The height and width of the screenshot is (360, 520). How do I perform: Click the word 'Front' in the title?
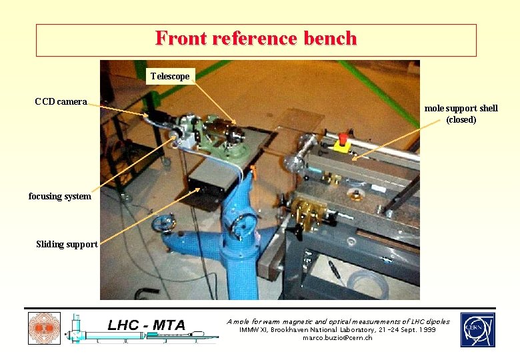tap(181, 39)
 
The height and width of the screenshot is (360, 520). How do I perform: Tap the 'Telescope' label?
tap(169, 76)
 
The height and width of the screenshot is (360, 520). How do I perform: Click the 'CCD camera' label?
tap(61, 101)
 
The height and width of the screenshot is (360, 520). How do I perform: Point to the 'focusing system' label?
tap(59, 196)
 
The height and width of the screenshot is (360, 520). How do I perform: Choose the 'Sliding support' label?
tap(67, 244)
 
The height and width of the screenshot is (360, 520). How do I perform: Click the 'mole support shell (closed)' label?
tap(461, 113)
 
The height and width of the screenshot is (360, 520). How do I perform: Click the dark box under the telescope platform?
tap(210, 183)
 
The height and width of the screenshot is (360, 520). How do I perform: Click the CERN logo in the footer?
tap(477, 329)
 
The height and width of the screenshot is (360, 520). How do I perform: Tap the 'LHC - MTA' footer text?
tap(146, 325)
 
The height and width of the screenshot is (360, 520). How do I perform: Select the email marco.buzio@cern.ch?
tap(337, 338)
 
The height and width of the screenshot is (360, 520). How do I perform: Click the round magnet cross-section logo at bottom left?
tap(44, 329)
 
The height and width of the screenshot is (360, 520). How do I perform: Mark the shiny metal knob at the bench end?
tap(293, 161)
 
